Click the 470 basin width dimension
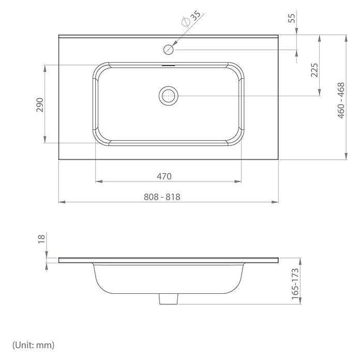[x=164, y=176]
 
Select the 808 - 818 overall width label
[x=162, y=197]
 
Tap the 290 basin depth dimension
[x=40, y=105]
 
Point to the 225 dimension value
[x=314, y=70]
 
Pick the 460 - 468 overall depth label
[x=341, y=100]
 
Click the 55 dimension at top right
[x=291, y=18]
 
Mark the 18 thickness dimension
[x=41, y=239]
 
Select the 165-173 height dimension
[x=295, y=284]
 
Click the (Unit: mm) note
[x=34, y=345]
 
